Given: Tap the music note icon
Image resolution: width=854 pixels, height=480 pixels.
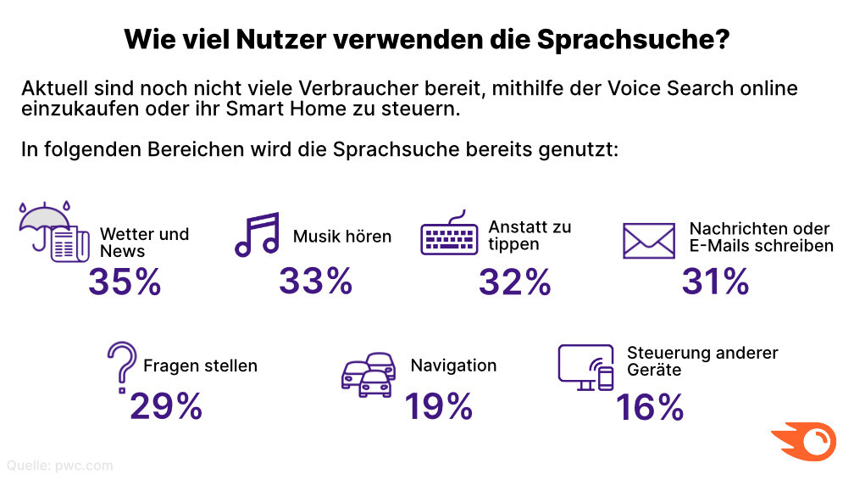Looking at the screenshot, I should coord(257,235).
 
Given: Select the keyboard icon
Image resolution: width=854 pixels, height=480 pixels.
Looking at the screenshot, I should coord(451,234).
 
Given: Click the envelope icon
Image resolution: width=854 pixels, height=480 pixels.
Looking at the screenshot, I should coord(648,240).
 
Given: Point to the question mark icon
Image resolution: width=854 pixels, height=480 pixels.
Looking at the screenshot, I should coord(121,365).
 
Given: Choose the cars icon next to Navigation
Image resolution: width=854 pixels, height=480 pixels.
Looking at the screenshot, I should coord(369,374).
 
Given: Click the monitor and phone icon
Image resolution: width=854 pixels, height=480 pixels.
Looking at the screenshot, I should coord(585,367).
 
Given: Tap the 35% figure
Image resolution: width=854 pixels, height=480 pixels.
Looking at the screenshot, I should coord(125,283).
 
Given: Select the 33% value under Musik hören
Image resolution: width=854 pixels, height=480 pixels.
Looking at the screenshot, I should coord(315,281).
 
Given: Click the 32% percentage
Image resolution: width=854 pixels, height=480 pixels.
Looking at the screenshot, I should coord(514,282).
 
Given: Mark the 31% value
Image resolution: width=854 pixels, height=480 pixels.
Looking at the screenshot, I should coord(716,282).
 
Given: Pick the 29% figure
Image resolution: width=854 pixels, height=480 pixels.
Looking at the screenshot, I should coord(166,407).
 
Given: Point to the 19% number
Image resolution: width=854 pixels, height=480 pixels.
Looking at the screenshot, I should coord(438,407).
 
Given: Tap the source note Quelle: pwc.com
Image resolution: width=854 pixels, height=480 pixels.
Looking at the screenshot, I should coord(59,465).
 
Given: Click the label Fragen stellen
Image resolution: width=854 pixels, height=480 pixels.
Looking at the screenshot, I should coord(200,366).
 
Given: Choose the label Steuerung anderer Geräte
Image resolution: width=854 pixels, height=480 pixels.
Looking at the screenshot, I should coord(702,361).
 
